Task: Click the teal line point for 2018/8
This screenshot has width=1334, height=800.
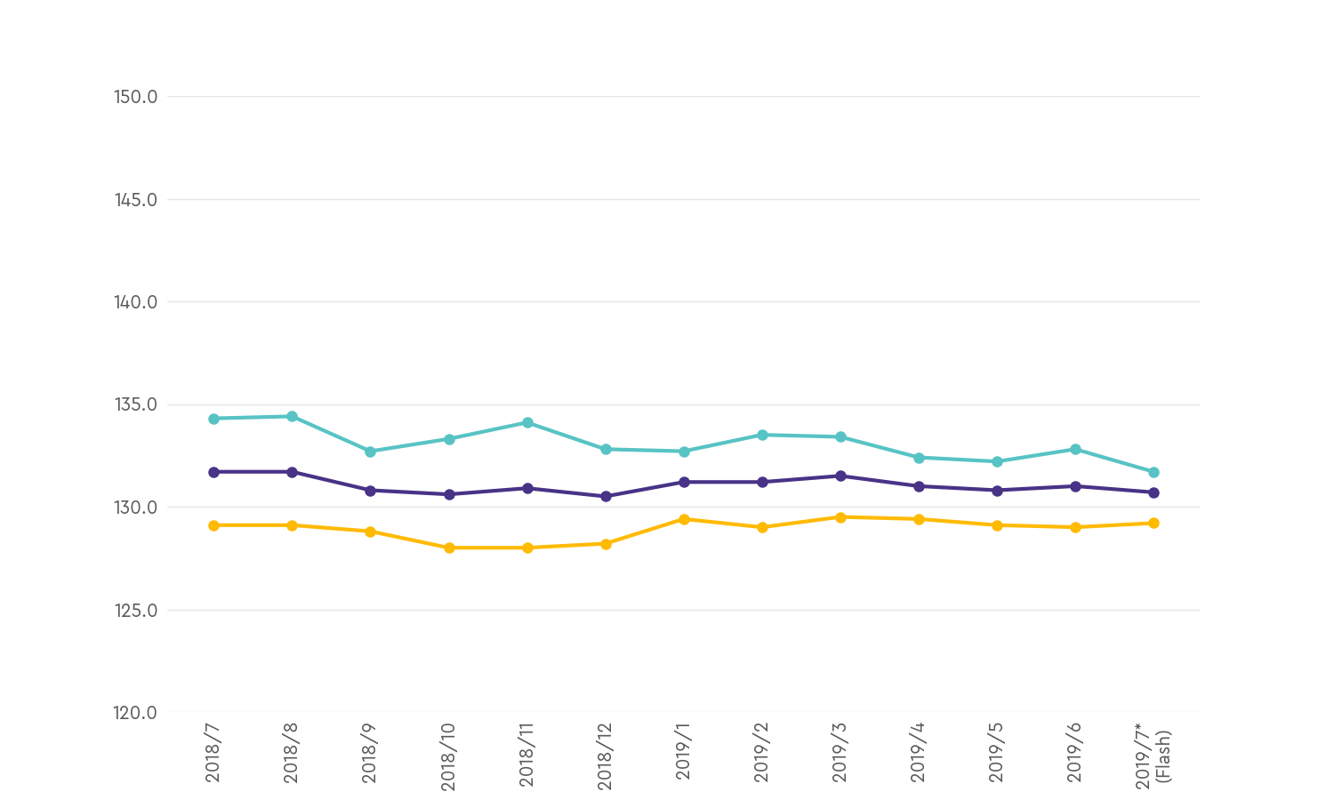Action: click(x=292, y=416)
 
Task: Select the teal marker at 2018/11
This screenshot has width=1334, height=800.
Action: click(x=527, y=422)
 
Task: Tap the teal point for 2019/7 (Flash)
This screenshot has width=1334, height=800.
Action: click(x=1153, y=472)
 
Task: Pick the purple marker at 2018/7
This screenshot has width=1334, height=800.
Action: click(x=213, y=472)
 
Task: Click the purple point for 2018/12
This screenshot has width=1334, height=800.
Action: click(x=606, y=496)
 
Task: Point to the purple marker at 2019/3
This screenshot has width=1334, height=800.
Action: click(x=840, y=476)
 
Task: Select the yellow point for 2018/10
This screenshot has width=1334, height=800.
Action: click(x=449, y=548)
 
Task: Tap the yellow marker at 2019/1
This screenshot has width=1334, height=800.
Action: click(x=684, y=519)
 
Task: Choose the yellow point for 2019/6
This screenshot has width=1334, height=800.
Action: click(x=1075, y=527)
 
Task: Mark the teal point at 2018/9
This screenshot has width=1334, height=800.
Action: click(x=370, y=452)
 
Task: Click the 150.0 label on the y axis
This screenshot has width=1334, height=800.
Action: click(x=136, y=96)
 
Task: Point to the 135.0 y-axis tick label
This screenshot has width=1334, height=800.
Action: click(x=136, y=404)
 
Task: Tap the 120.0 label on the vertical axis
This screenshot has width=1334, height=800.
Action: click(x=136, y=713)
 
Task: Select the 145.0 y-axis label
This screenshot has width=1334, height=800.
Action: click(x=136, y=199)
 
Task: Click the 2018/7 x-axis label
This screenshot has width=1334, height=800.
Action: click(x=213, y=753)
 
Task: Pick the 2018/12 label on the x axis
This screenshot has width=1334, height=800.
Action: click(x=606, y=756)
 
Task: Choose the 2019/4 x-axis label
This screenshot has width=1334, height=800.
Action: click(x=919, y=753)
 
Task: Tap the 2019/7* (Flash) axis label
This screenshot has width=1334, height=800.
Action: click(x=1153, y=756)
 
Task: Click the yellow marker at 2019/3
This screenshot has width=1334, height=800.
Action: click(x=840, y=516)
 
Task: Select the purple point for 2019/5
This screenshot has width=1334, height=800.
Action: click(x=997, y=490)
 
